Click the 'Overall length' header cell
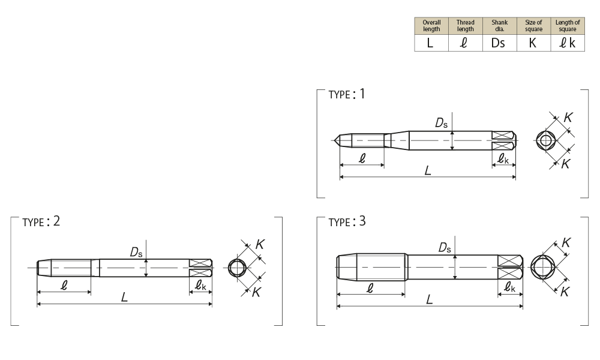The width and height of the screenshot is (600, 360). click(x=431, y=26)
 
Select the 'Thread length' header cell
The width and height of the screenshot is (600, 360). click(x=466, y=26)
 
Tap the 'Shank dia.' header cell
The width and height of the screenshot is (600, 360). click(x=499, y=26)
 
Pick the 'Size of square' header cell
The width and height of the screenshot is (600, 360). click(x=533, y=26)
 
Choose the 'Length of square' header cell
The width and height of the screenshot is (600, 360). click(x=568, y=26)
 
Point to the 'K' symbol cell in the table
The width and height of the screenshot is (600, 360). click(x=533, y=43)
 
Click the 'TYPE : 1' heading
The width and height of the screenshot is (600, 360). click(x=347, y=94)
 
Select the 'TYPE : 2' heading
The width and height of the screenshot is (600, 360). click(x=41, y=221)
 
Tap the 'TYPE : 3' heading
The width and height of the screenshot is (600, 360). click(x=347, y=221)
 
